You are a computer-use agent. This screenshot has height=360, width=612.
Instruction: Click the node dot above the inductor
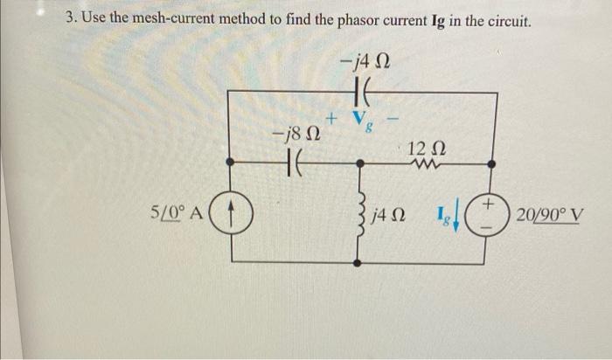359,163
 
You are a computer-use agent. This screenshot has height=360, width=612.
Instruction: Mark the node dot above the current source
231,163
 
